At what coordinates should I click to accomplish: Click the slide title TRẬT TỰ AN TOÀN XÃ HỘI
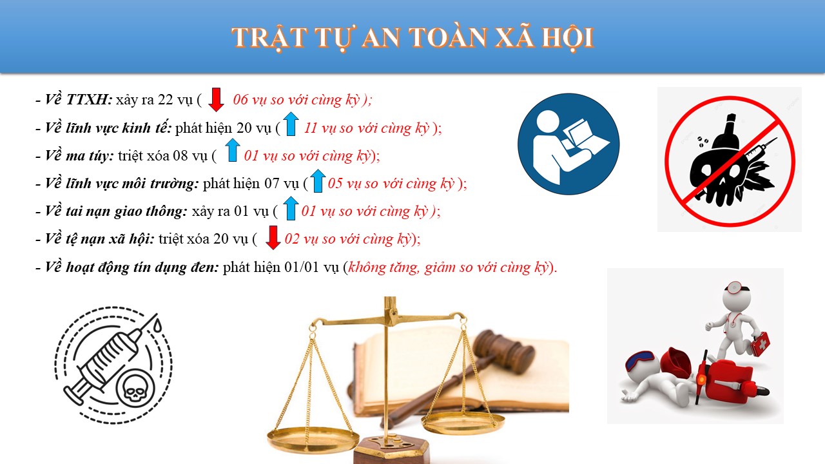(x=412, y=38)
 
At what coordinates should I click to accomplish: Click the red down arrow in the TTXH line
(x=216, y=99)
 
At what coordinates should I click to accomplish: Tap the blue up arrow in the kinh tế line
(x=291, y=124)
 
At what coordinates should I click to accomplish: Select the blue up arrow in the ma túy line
(x=233, y=150)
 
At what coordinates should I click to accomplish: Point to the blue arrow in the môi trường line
(x=318, y=181)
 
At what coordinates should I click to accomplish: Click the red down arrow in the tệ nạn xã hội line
(x=273, y=238)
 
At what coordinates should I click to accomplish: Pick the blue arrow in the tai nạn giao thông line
(x=291, y=208)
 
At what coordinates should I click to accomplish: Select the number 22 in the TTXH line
(x=166, y=99)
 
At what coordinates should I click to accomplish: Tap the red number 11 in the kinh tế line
(x=311, y=128)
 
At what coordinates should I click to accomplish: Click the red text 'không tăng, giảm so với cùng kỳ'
(x=448, y=267)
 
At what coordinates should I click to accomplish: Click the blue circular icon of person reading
(x=568, y=144)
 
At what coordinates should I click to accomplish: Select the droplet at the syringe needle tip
(x=158, y=325)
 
